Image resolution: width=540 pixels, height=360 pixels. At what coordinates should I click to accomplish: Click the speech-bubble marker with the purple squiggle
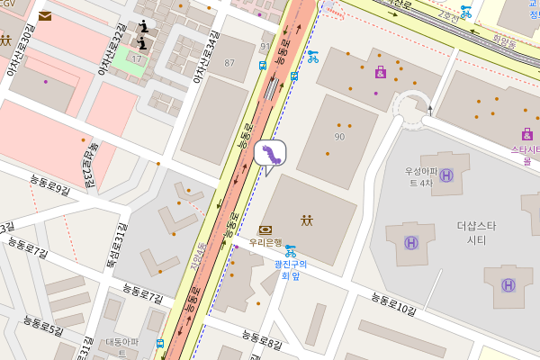269,154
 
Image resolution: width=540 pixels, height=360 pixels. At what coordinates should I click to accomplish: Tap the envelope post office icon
45,15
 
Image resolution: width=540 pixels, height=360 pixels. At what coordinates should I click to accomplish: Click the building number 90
339,136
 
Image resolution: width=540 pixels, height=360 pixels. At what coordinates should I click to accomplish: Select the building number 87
229,62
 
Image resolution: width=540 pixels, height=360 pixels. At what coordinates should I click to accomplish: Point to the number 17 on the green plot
137,58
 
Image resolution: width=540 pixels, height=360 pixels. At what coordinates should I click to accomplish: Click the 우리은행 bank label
265,242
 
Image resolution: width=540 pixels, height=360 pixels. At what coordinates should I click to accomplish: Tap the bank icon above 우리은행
265,230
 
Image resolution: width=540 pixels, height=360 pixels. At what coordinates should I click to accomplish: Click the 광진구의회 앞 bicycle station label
290,270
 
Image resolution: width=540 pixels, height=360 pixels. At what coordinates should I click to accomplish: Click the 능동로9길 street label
49,190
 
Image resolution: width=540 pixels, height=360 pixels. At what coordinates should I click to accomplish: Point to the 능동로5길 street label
43,326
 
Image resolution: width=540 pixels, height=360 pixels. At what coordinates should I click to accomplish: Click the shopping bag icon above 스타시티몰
526,134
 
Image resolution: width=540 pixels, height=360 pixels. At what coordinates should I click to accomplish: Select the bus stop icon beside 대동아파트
159,343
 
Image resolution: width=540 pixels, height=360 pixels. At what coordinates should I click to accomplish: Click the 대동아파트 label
122,346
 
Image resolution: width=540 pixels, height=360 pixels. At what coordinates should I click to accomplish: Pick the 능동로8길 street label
262,339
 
